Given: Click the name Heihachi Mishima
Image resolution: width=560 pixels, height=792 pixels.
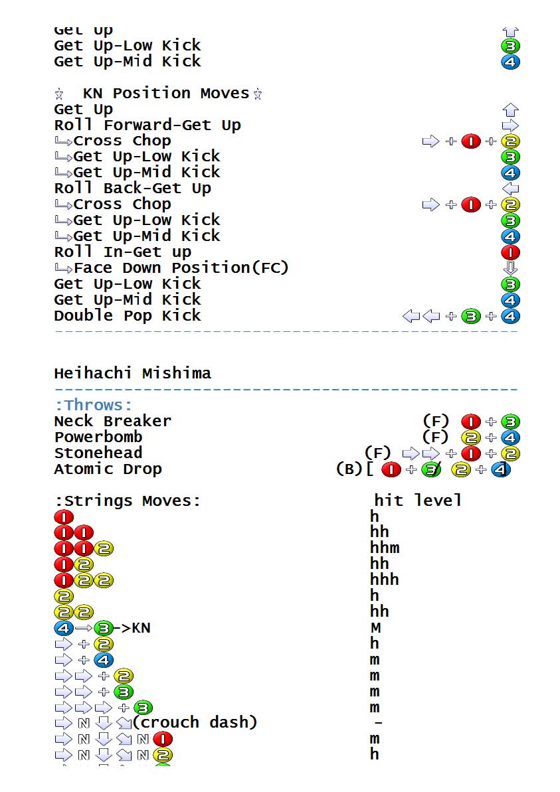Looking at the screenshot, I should (132, 373).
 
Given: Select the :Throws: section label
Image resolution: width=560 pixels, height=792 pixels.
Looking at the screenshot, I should (93, 405).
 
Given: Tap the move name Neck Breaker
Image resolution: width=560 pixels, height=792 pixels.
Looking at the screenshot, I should (112, 421).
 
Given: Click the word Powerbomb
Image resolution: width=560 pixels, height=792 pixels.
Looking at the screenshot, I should (98, 437).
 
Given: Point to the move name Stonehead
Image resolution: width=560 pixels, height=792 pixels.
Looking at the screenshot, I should (98, 453).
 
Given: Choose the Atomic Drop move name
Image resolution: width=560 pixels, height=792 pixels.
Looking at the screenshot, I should (108, 469).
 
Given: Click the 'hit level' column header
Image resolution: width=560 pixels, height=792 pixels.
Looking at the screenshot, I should (417, 500).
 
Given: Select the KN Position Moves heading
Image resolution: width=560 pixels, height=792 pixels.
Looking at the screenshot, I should (165, 94).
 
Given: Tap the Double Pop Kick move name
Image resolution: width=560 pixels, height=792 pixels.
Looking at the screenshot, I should (127, 315).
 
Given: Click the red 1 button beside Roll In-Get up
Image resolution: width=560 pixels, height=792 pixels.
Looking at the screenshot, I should (511, 252).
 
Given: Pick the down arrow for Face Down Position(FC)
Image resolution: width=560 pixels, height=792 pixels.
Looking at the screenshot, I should (511, 268).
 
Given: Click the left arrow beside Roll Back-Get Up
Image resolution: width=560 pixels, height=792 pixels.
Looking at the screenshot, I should (511, 189).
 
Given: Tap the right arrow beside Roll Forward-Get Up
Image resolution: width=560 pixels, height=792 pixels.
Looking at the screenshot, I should (511, 125).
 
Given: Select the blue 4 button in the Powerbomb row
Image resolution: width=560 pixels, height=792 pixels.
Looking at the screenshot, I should (511, 437).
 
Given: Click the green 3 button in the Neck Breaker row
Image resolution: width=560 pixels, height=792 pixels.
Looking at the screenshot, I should (511, 422).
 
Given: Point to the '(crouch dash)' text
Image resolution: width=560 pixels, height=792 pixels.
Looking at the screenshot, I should (195, 722).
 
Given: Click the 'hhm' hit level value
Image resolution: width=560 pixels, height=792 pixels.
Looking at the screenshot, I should (385, 548).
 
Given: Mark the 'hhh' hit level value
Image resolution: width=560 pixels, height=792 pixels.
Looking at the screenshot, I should (385, 580).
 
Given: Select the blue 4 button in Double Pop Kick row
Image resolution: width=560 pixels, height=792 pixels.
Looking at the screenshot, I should (511, 316).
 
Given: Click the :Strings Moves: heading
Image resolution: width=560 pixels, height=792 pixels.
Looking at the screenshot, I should (127, 500).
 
